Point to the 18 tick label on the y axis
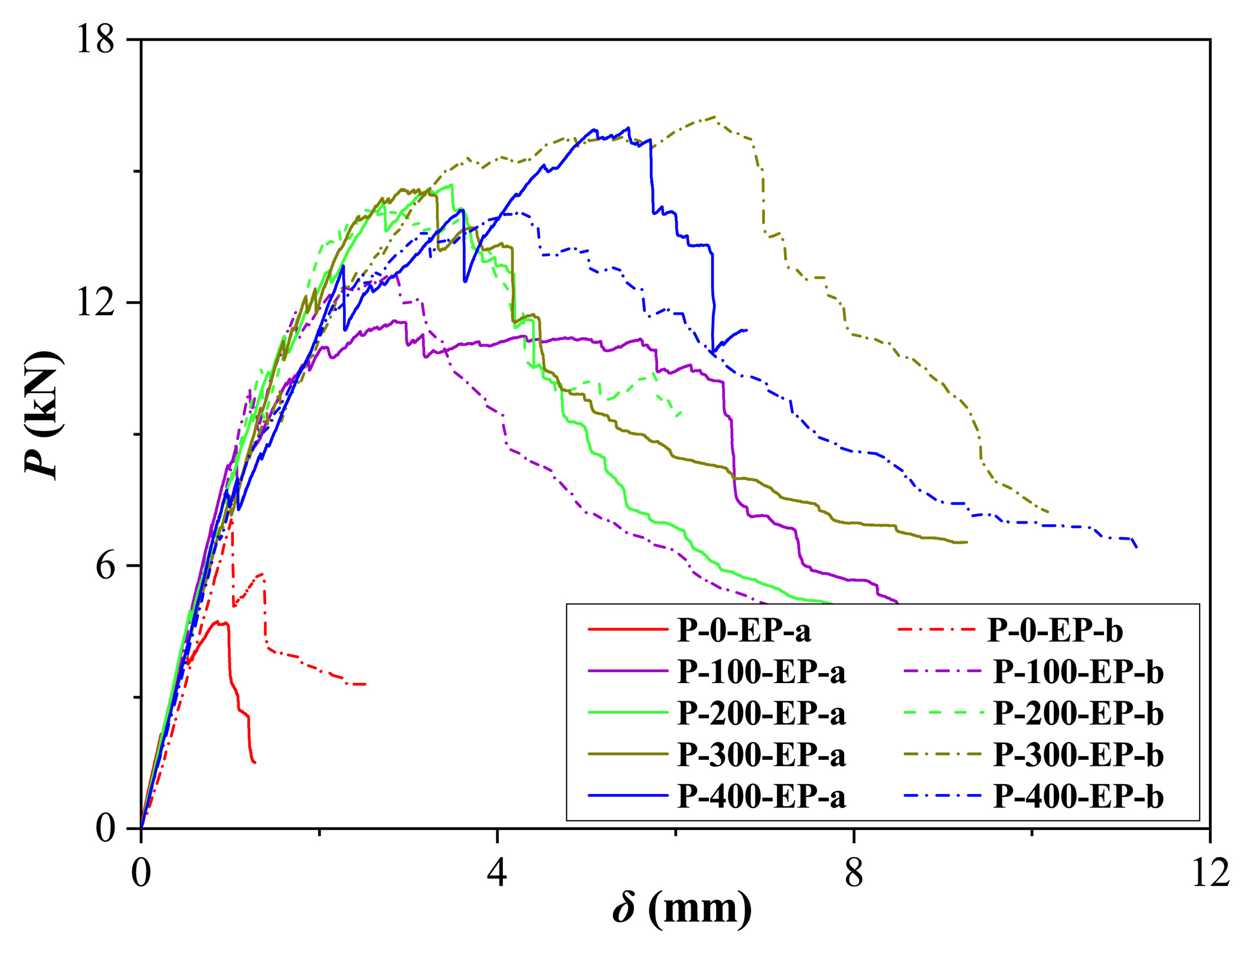(96, 41)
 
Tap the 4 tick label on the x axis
(497, 873)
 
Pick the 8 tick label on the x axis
(854, 873)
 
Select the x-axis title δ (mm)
(682, 909)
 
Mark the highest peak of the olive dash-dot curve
(715, 117)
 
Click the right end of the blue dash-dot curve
(1136, 547)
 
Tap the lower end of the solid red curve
(254, 762)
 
